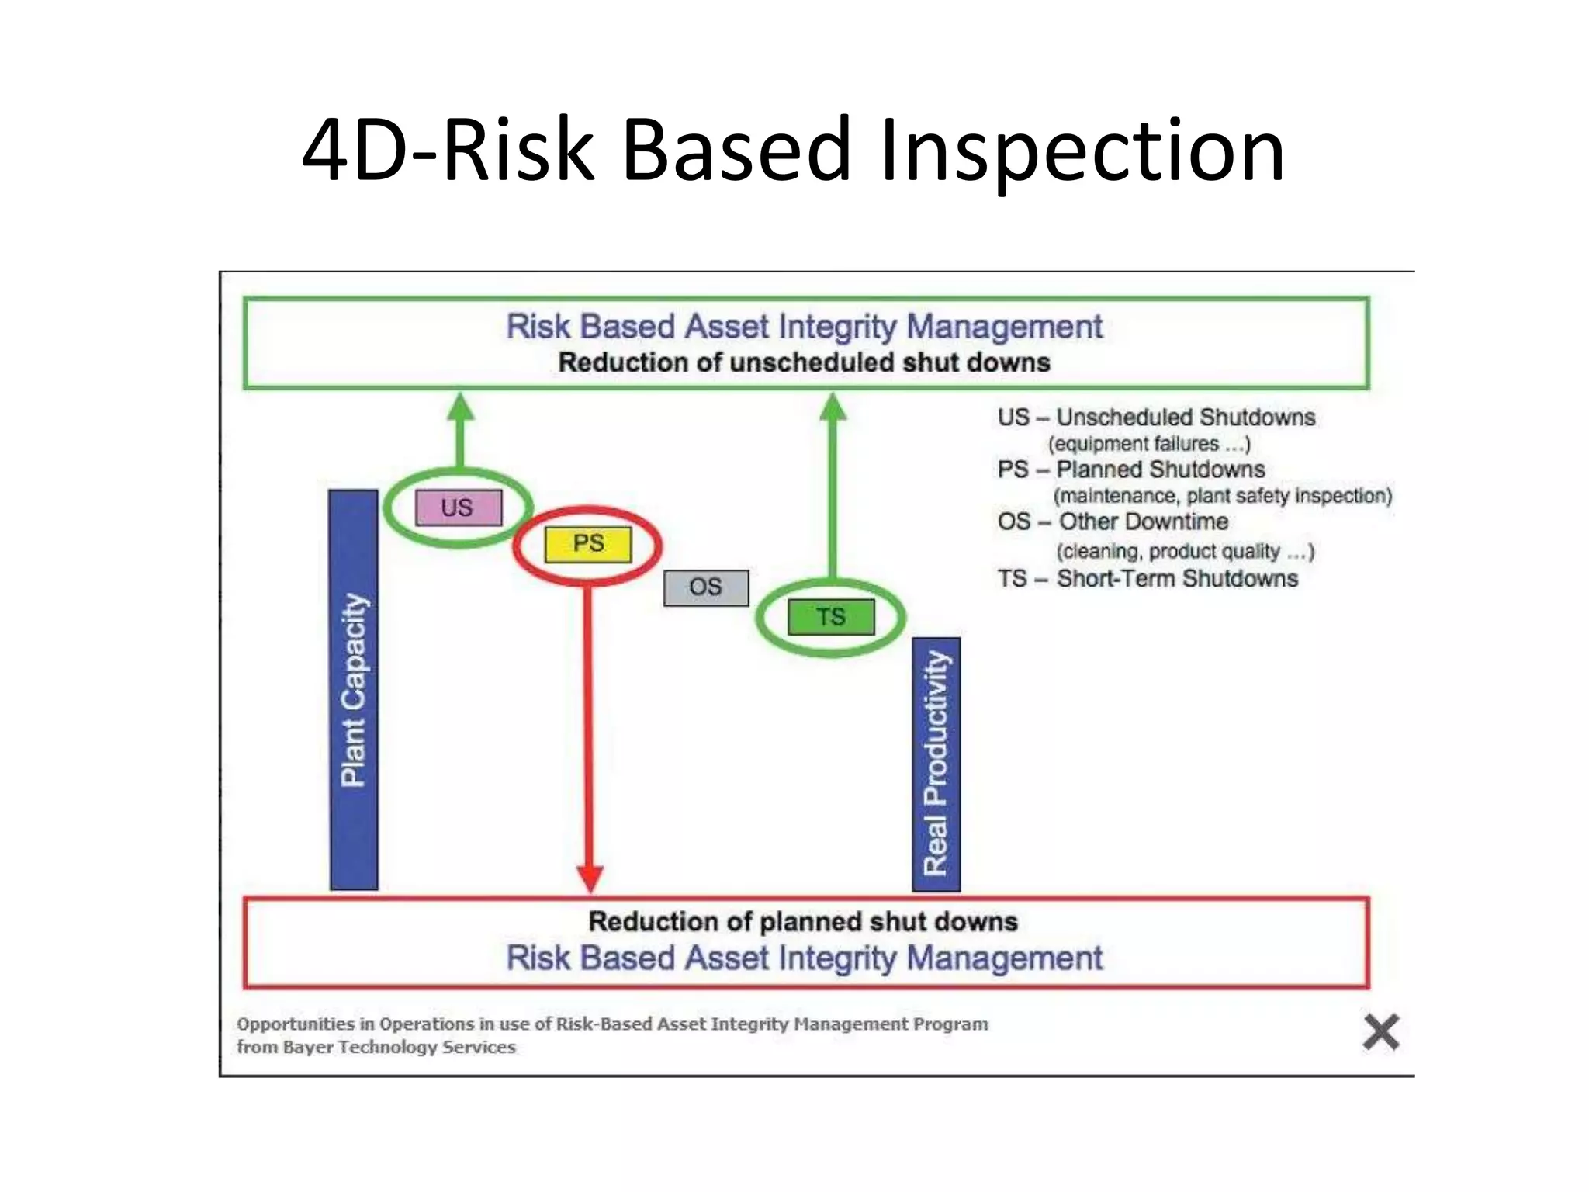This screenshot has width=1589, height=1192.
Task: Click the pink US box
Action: pos(458,508)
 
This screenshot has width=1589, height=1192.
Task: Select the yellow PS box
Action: pos(588,543)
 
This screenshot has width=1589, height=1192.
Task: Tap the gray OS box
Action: pos(705,587)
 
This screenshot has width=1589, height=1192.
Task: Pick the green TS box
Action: pos(830,617)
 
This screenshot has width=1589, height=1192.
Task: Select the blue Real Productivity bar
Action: pos(936,764)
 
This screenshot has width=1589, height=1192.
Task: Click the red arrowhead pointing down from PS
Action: pos(590,877)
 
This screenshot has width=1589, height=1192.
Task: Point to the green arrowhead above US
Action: pos(461,407)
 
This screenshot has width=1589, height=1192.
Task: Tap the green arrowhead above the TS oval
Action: pos(833,407)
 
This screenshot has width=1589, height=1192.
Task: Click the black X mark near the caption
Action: pos(1381,1032)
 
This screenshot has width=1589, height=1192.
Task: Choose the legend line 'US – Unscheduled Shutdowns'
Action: pos(1156,418)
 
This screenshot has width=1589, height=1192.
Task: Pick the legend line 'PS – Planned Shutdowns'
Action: pos(1131,470)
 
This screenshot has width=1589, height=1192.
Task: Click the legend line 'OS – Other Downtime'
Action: pos(1113,521)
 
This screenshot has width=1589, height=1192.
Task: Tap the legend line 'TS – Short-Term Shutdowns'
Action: pos(1148,578)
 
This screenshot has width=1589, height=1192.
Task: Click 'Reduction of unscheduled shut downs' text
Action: pos(804,362)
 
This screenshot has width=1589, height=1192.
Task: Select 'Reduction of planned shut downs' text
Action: pos(802,921)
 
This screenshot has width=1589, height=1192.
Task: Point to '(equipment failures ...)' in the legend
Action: pos(1149,444)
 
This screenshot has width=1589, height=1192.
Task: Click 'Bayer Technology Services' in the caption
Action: pos(399,1047)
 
